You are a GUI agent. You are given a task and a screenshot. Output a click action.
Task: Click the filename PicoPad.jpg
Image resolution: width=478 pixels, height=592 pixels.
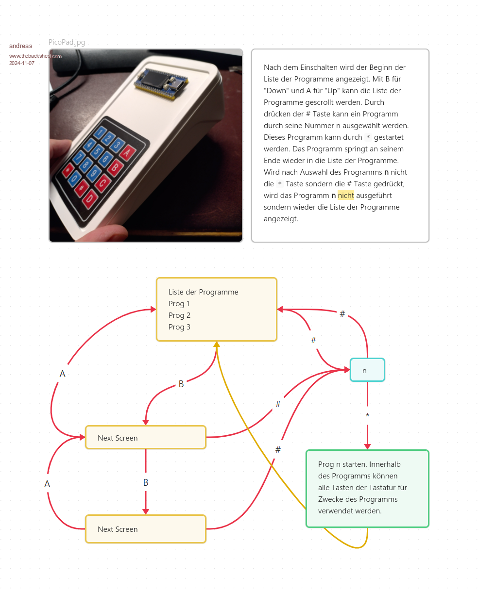tap(67, 43)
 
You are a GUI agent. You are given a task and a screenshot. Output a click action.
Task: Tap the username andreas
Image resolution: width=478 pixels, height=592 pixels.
tap(21, 46)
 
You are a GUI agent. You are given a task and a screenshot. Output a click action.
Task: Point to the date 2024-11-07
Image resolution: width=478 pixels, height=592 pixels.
tap(22, 63)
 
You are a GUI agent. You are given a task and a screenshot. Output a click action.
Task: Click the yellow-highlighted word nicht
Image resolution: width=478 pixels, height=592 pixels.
tap(346, 196)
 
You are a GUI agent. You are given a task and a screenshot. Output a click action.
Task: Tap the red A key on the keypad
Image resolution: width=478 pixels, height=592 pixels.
tap(127, 152)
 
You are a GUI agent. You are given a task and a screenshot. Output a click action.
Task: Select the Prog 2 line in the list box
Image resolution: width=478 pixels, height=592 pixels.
tap(179, 315)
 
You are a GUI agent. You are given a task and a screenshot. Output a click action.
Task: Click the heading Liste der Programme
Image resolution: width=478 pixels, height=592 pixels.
tap(204, 292)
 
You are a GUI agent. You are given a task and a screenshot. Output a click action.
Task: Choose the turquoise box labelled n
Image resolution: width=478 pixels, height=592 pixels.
tap(367, 370)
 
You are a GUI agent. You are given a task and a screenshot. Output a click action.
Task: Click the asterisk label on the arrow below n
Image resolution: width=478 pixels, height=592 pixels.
tap(367, 416)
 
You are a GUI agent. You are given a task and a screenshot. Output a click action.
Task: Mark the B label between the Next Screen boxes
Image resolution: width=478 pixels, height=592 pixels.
tap(146, 483)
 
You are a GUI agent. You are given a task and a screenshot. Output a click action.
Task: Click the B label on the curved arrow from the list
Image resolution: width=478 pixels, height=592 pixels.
tap(181, 384)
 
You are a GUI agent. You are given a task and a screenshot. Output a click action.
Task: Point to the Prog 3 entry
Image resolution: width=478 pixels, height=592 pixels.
tap(179, 327)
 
